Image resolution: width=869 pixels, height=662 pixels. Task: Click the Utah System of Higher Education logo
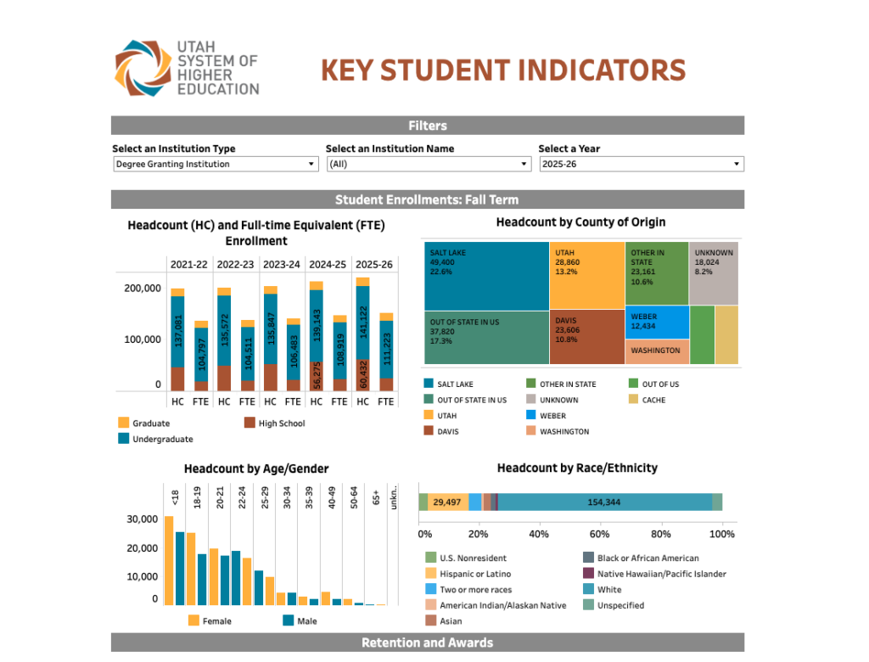pyautogui.click(x=187, y=68)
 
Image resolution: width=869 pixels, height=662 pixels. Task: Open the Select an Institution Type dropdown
pyautogui.click(x=216, y=164)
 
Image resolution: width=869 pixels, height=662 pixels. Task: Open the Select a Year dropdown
pyautogui.click(x=642, y=164)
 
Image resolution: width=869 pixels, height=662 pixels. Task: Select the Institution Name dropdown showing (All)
pyautogui.click(x=429, y=164)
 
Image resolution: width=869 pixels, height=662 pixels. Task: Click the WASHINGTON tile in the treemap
pyautogui.click(x=658, y=351)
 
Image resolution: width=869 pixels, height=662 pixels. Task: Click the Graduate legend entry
pyautogui.click(x=150, y=423)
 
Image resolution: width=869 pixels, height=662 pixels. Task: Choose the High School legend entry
pyautogui.click(x=281, y=423)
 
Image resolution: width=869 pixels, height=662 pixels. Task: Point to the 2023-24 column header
pyautogui.click(x=282, y=264)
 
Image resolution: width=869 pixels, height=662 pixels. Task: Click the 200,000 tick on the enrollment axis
pyautogui.click(x=142, y=289)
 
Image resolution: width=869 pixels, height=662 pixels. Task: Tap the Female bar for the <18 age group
pyautogui.click(x=169, y=560)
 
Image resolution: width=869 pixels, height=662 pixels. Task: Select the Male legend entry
pyautogui.click(x=306, y=620)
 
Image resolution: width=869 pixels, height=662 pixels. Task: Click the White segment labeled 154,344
pyautogui.click(x=604, y=502)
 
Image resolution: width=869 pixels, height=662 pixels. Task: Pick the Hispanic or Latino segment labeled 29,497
pyautogui.click(x=447, y=502)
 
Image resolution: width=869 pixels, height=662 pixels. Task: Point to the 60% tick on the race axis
pyautogui.click(x=599, y=534)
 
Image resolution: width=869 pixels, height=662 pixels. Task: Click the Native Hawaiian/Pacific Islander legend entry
pyautogui.click(x=661, y=574)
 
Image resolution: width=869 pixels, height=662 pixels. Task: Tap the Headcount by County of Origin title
pyautogui.click(x=580, y=222)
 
